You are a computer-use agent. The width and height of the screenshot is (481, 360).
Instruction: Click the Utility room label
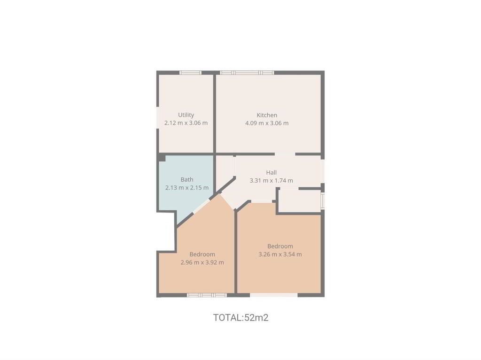(x=186, y=115)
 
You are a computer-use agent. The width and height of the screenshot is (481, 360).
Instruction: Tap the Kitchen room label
(x=267, y=115)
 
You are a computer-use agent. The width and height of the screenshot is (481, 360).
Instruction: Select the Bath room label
(x=187, y=179)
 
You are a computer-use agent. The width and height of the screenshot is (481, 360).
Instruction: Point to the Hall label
(x=271, y=172)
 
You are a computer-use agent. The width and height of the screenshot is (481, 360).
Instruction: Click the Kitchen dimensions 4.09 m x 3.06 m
(x=267, y=123)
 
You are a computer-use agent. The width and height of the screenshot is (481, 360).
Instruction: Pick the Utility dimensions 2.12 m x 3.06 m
(x=186, y=123)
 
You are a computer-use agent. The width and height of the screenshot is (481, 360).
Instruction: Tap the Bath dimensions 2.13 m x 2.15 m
(x=187, y=188)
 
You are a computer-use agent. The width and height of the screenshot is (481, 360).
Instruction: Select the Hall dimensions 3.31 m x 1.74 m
(x=271, y=181)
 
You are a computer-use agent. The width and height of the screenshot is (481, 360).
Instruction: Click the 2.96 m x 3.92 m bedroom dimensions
(x=202, y=262)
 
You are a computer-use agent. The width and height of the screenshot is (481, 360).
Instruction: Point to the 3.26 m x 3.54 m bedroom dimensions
(x=280, y=254)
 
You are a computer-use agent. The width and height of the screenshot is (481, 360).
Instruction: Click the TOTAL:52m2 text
(x=241, y=317)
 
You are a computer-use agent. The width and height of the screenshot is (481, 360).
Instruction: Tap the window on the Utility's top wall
(x=190, y=73)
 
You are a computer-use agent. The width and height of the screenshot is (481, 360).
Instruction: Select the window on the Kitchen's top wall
(x=247, y=73)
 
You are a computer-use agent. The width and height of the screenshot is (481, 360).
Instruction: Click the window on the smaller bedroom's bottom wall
(x=207, y=295)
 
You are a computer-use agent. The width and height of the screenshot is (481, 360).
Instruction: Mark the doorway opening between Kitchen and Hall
(x=285, y=154)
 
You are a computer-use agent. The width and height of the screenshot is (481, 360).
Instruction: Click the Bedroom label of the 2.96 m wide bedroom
(x=202, y=254)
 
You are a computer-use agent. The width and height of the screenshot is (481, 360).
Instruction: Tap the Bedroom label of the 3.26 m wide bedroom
(x=280, y=246)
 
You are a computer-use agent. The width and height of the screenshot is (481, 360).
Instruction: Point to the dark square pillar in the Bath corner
(x=162, y=158)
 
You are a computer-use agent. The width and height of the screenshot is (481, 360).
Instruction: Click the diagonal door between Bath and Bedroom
(x=201, y=206)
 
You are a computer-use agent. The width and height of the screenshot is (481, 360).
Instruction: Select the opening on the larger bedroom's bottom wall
(x=274, y=295)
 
